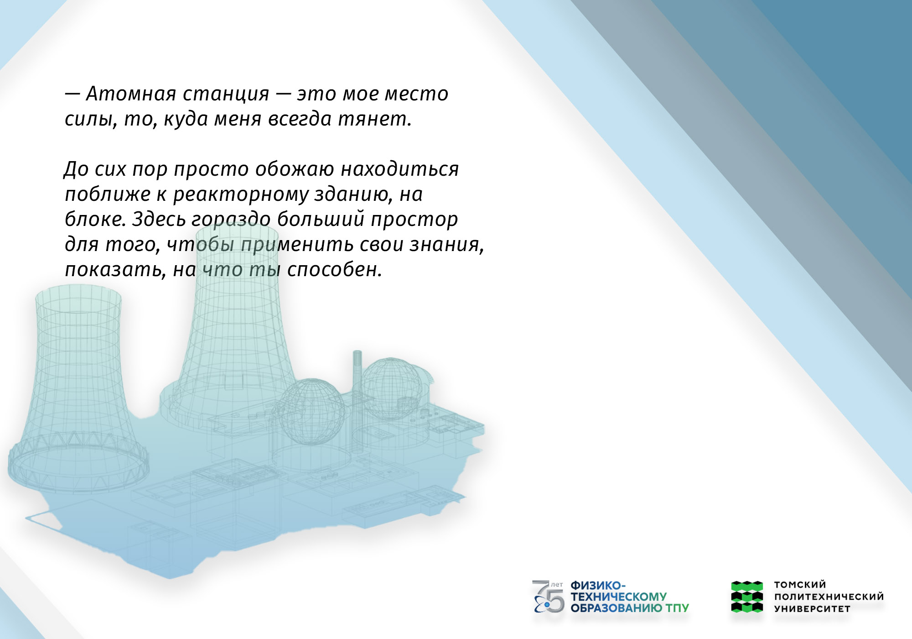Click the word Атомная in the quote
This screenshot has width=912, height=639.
[131, 94]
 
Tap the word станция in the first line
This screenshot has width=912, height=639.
[226, 94]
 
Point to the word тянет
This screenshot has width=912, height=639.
[375, 119]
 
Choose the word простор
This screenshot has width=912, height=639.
[414, 220]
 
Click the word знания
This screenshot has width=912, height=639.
[446, 245]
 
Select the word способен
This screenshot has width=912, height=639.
[334, 270]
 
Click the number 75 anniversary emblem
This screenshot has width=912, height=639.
[549, 597]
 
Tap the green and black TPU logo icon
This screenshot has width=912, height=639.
[747, 597]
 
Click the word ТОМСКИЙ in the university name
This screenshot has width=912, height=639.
[800, 585]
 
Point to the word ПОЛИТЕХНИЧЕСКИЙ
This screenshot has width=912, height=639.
[829, 597]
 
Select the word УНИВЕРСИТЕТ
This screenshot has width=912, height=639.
[812, 609]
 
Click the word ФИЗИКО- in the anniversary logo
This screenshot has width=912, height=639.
[598, 586]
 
